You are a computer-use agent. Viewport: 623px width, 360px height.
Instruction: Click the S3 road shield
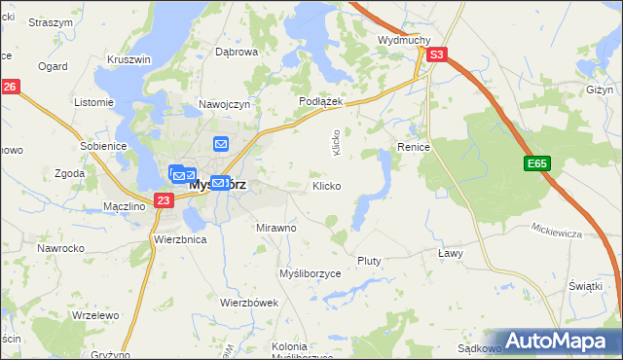[438, 55]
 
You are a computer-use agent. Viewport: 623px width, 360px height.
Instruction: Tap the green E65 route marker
[537, 165]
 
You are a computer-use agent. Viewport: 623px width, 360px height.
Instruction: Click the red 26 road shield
[10, 88]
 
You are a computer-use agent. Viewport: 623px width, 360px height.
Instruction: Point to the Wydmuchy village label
[404, 40]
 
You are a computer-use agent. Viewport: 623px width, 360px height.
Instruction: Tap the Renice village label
[414, 146]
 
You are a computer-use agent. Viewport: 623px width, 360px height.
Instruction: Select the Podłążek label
[317, 101]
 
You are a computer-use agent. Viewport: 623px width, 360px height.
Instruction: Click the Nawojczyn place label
[226, 103]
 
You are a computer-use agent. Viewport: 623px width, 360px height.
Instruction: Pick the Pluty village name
[369, 261]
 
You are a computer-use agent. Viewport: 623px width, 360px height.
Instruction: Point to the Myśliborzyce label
[311, 274]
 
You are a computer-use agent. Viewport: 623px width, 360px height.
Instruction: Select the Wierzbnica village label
[180, 238]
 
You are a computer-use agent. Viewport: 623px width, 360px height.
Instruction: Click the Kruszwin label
[129, 59]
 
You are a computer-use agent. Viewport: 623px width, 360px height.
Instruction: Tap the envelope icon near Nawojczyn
[221, 144]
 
